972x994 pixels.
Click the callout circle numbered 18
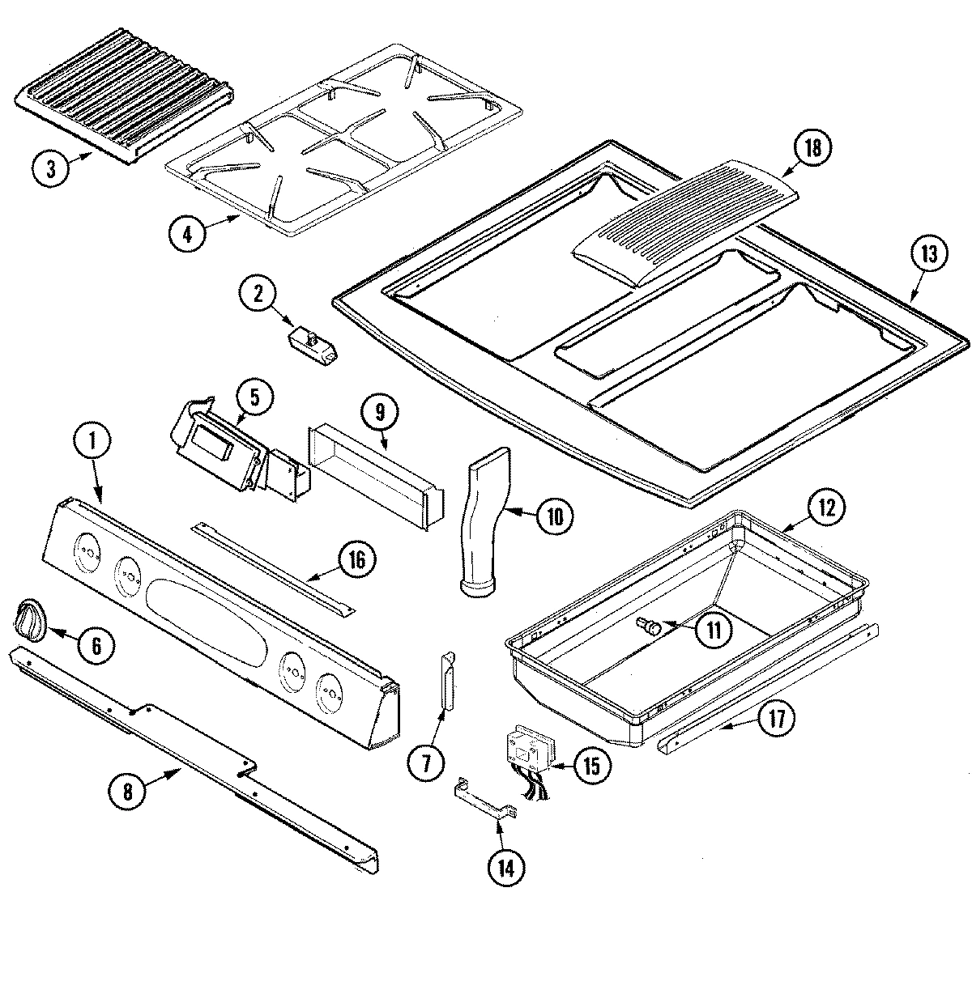pyautogui.click(x=813, y=148)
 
